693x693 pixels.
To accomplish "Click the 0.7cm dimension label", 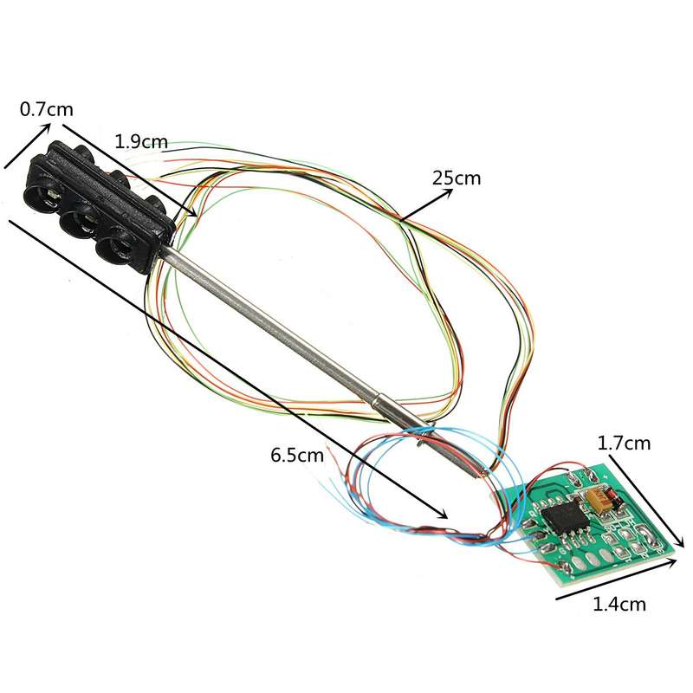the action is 47,109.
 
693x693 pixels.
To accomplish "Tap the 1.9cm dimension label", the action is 141,142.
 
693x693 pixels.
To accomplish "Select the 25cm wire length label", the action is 457,178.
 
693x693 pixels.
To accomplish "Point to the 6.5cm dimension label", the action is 297,454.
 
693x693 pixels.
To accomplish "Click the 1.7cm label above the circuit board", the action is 624,443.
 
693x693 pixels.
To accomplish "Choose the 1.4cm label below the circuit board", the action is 619,604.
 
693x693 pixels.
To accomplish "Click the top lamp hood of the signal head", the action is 41,193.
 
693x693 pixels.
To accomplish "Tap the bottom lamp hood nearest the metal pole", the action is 114,246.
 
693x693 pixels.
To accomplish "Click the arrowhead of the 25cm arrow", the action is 448,192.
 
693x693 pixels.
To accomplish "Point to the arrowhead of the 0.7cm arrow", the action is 46,128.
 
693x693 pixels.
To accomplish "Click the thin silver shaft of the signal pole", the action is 265,321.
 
